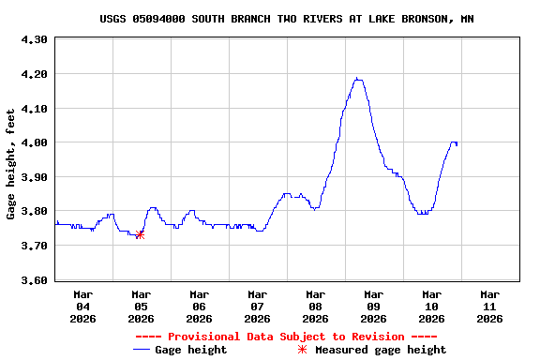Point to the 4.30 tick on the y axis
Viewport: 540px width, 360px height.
(x=34, y=39)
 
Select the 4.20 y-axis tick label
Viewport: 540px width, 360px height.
(x=34, y=74)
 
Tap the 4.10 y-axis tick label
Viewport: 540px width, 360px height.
(x=34, y=109)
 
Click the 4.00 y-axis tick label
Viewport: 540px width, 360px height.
(x=34, y=142)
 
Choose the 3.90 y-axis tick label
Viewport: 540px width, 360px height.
(x=34, y=177)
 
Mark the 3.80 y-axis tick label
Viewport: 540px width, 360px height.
(x=34, y=212)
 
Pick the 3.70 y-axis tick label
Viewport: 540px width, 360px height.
(x=34, y=246)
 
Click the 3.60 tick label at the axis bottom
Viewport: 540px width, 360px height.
(x=34, y=280)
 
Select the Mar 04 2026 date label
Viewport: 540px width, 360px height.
(x=82, y=307)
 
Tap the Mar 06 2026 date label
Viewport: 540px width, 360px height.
(x=199, y=307)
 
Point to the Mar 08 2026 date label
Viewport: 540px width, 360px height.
(x=315, y=307)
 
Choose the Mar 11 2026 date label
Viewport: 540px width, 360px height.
(x=489, y=307)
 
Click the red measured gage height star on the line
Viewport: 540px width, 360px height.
(x=140, y=234)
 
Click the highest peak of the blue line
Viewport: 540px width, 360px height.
(x=357, y=79)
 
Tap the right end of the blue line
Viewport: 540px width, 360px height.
(x=457, y=144)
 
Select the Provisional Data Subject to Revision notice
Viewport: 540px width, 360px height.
(x=286, y=337)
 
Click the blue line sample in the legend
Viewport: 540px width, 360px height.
(x=142, y=350)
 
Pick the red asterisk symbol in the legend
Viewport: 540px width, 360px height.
(x=302, y=350)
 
